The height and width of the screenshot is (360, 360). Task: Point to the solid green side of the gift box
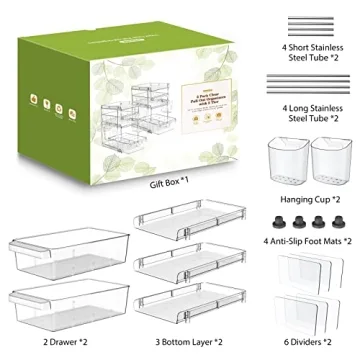click(x=51, y=110)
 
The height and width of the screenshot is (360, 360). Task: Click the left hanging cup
click(x=287, y=157)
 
